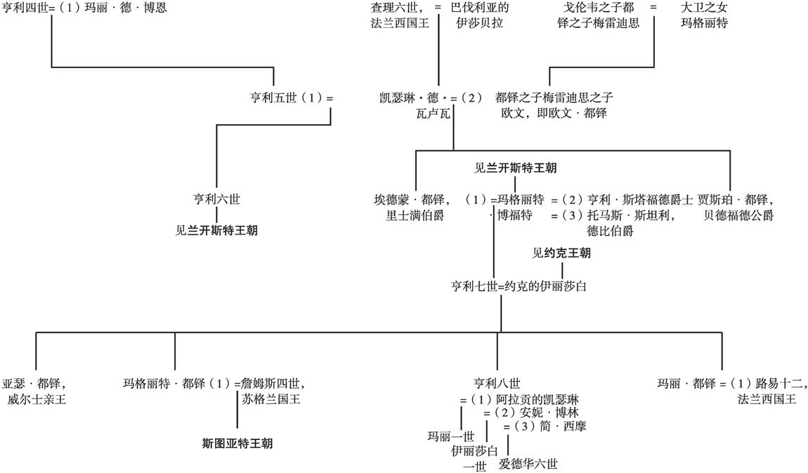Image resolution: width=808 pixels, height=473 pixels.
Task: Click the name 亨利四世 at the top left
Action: coord(25,10)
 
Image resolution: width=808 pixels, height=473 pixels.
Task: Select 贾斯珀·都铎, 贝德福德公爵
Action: coord(735,207)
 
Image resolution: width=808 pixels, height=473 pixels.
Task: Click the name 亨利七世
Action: coord(472,286)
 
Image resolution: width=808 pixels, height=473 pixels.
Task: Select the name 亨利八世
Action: coord(497,383)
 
